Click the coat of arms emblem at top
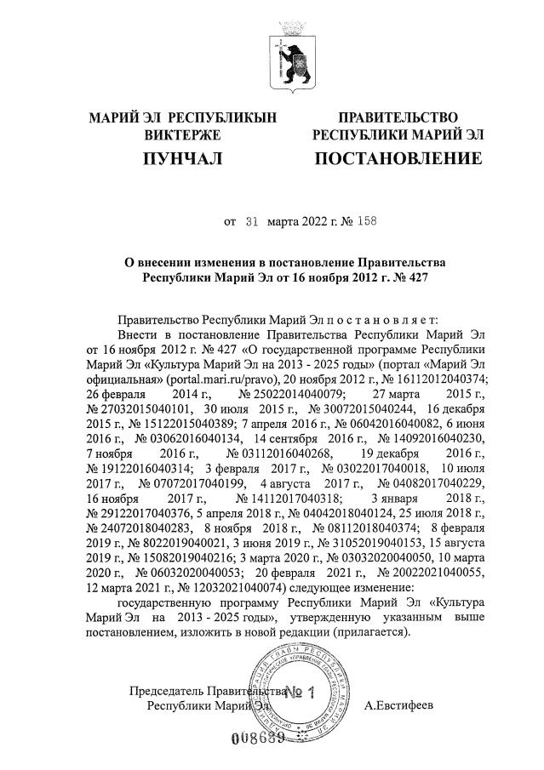click(x=286, y=59)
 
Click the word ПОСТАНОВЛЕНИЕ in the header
click(x=398, y=158)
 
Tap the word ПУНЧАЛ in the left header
click(x=182, y=158)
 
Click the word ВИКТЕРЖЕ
click(x=182, y=134)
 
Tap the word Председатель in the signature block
click(x=166, y=691)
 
